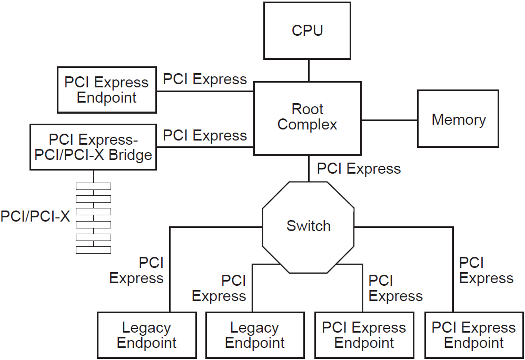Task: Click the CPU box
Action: pos(307,31)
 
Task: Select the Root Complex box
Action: pos(307,118)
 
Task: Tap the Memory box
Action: pos(458,119)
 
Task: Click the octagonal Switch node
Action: pos(308,227)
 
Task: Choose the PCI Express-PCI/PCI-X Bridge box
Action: pos(93,147)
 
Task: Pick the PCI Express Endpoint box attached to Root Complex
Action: pos(106,90)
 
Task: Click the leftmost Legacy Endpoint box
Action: pos(146,335)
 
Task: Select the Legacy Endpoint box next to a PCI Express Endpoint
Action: pos(254,335)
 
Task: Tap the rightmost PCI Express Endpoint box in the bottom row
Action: pos(473,335)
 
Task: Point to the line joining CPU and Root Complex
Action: pos(308,71)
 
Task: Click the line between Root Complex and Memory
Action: pos(389,120)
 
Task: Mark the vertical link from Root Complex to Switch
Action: pos(309,168)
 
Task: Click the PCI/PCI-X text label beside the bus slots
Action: pos(35,216)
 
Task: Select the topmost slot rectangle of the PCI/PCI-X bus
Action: pos(93,186)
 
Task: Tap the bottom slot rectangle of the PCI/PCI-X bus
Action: pos(93,250)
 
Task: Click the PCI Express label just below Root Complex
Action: pos(359,169)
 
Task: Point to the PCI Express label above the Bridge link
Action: pos(204,135)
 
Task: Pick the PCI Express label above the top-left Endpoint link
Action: pos(204,79)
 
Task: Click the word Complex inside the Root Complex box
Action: pos(307,125)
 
